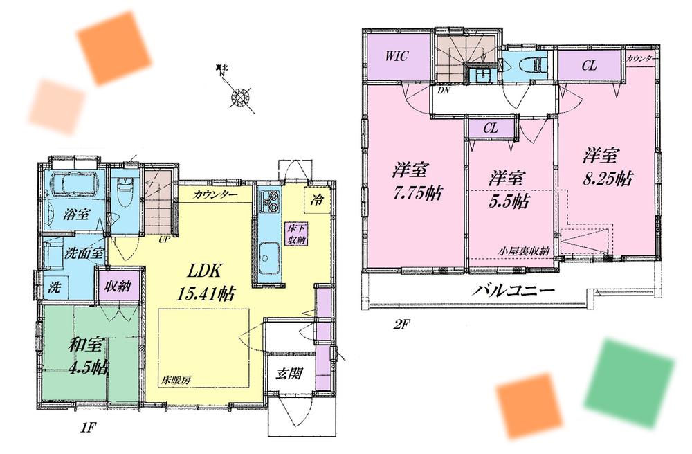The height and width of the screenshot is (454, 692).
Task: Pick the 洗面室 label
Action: point(65,253)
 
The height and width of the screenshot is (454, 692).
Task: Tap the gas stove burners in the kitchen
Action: point(268,201)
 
